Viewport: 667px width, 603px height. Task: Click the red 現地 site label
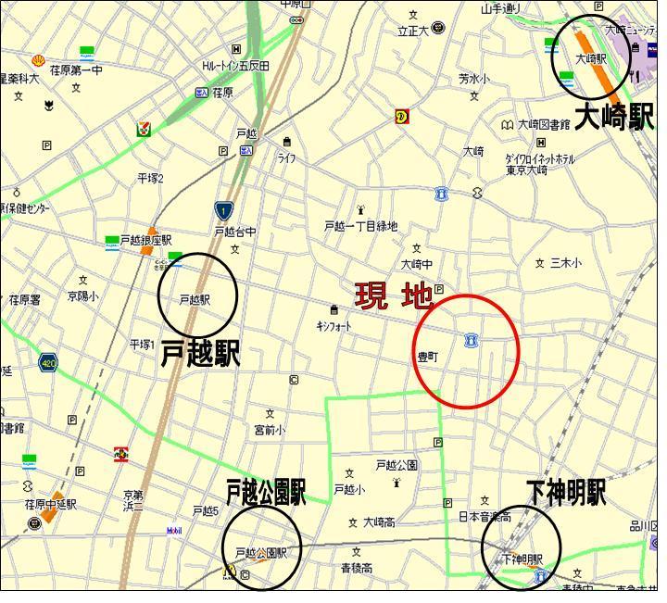coord(394,296)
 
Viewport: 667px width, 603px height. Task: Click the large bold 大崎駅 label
coord(614,117)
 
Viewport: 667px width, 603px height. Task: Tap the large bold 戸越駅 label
coord(200,354)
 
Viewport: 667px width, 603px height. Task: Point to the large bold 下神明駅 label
coord(566,492)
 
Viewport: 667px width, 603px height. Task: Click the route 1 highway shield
coord(222,211)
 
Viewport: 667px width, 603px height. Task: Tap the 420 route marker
coord(48,362)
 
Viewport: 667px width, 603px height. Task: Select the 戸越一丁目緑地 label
coord(360,226)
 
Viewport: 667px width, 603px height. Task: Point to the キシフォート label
coord(334,325)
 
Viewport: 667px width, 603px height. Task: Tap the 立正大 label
coord(413,31)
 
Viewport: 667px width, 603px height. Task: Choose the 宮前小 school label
coord(270,430)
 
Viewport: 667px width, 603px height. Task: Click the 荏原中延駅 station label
coord(51,505)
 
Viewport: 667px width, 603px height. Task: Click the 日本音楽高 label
coord(485,516)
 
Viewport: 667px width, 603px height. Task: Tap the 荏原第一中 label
coord(76,70)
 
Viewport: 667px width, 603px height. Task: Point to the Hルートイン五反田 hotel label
coord(236,66)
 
